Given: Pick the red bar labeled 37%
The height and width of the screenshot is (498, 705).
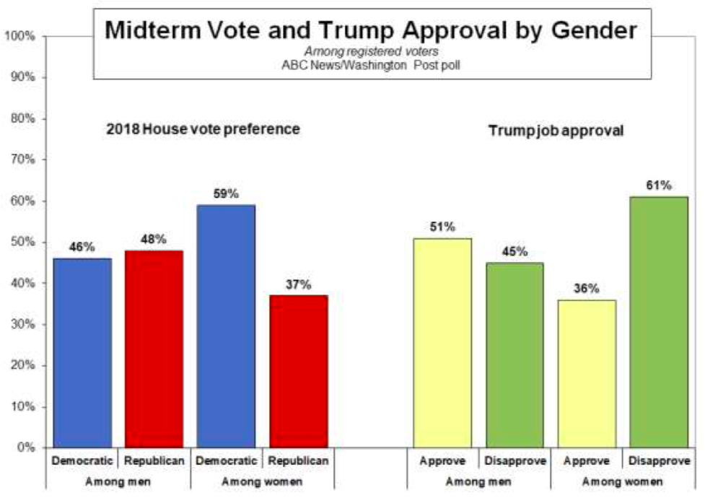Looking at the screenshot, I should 298,371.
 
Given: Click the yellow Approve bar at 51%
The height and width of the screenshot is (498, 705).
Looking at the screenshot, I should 442,343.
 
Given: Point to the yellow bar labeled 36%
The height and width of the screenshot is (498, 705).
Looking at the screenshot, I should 587,374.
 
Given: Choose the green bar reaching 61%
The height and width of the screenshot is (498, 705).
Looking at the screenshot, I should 659,322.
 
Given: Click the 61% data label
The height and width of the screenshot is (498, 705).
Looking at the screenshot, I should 659,185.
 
